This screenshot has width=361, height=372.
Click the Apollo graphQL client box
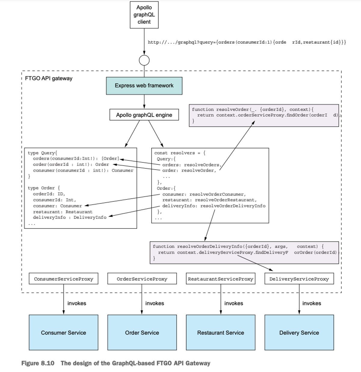pyautogui.click(x=144, y=15)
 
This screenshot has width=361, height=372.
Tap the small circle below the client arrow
pyautogui.click(x=144, y=60)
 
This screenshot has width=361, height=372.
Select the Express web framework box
pyautogui.click(x=144, y=86)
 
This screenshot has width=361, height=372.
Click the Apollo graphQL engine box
pyautogui.click(x=144, y=115)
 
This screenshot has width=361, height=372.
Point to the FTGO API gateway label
pyautogui.click(x=49, y=78)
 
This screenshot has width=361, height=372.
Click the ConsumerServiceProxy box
pyautogui.click(x=63, y=279)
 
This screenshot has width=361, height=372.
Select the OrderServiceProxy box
pyautogui.click(x=142, y=279)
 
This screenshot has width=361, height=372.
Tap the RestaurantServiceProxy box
pyautogui.click(x=221, y=279)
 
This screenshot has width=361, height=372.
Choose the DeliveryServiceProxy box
pyautogui.click(x=299, y=279)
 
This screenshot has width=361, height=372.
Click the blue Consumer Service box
pyautogui.click(x=63, y=333)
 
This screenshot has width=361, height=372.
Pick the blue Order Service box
pyautogui.click(x=142, y=333)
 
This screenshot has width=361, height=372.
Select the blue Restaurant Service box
pyautogui.click(x=221, y=333)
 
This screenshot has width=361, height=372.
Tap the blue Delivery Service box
pyautogui.click(x=299, y=333)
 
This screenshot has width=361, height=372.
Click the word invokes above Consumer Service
pyautogui.click(x=77, y=303)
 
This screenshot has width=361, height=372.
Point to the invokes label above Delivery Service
pyautogui.click(x=311, y=303)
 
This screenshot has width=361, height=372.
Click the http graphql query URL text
pyautogui.click(x=247, y=42)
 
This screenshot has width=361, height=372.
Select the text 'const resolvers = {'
pyautogui.click(x=180, y=153)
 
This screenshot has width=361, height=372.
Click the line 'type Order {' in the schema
pyautogui.click(x=44, y=188)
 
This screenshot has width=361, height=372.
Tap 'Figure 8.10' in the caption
pyautogui.click(x=38, y=363)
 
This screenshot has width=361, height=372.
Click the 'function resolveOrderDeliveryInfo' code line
pyautogui.click(x=238, y=246)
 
